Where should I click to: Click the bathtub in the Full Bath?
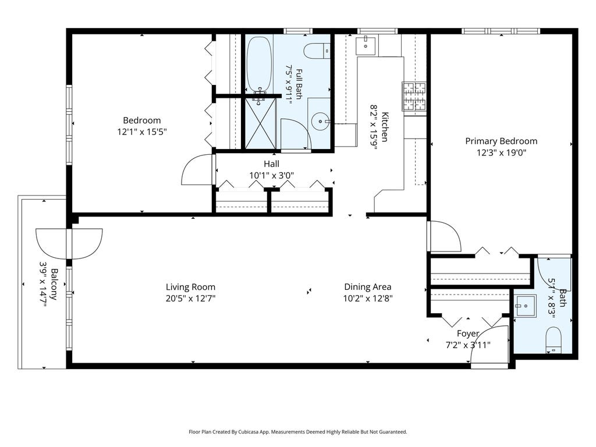coord(259,63)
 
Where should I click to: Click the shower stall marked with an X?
coord(260,123)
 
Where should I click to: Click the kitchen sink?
coord(366,45)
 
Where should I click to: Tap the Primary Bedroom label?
coord(501,141)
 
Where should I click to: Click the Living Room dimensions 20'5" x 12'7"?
coord(190,299)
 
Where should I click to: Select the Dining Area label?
coord(368,287)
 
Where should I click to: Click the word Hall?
coord(271,164)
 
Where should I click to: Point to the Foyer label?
coord(468,334)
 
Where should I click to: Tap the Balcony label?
coord(54,284)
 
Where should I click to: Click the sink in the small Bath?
coord(525,306)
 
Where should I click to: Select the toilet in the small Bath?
coord(554,340)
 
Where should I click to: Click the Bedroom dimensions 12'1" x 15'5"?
coord(142,132)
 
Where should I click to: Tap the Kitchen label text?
coord(385,127)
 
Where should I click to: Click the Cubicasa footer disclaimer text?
coord(298,432)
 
